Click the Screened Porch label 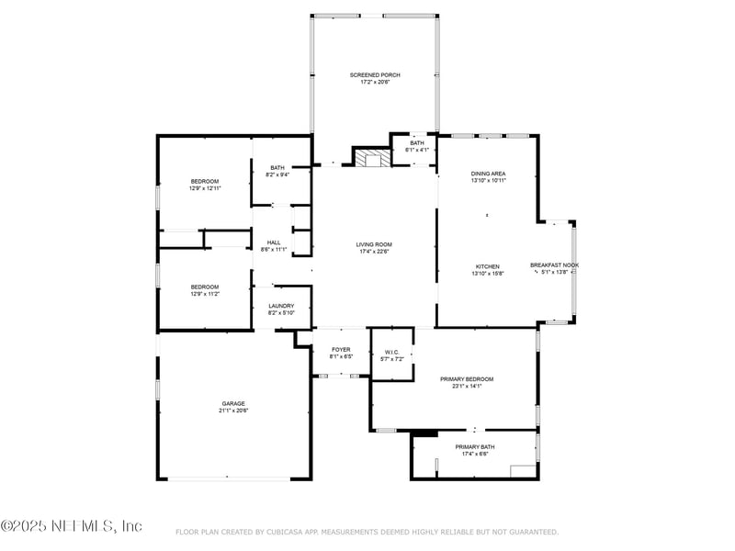click(375, 74)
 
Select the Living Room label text click(375, 243)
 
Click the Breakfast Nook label click(554, 264)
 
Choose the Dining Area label click(488, 173)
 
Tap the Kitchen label click(487, 265)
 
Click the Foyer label click(341, 349)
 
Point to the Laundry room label click(281, 306)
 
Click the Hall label click(274, 242)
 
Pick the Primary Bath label click(474, 446)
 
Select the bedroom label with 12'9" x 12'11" click(205, 181)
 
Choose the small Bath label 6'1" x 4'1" click(417, 142)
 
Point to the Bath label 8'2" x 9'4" click(277, 167)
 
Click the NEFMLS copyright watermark click(72, 526)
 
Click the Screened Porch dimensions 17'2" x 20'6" click(375, 83)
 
